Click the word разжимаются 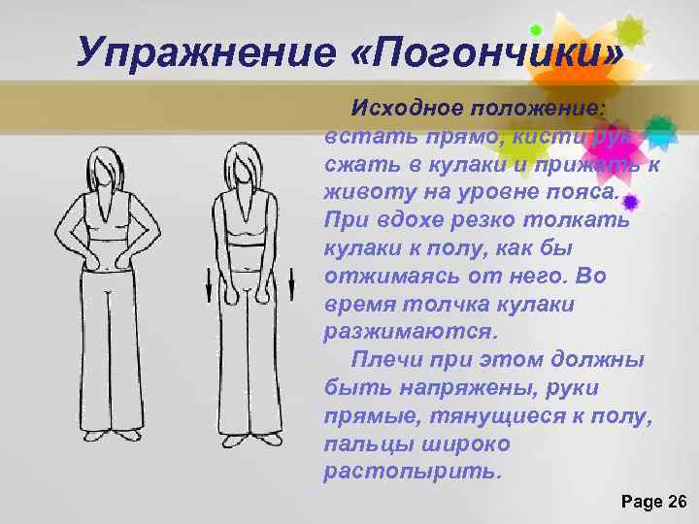(x=412, y=332)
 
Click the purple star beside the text (x=632, y=203)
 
